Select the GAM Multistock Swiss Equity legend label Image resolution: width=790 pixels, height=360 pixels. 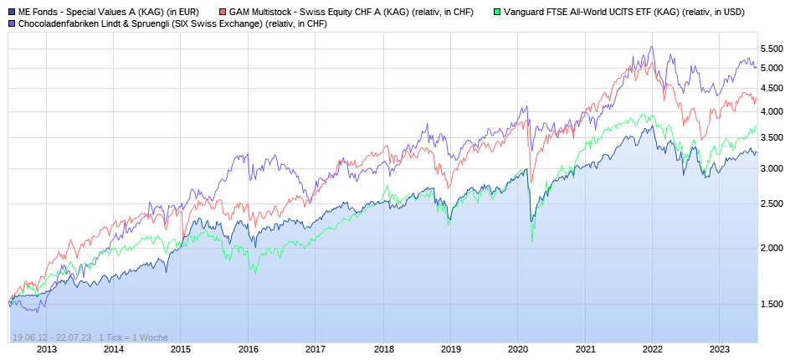(x=351, y=12)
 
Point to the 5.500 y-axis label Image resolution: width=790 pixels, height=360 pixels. (x=772, y=47)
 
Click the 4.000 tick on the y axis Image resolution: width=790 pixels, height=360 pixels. (x=772, y=112)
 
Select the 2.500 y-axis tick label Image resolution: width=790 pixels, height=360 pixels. (x=772, y=203)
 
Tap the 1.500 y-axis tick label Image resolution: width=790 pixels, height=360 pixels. (x=772, y=304)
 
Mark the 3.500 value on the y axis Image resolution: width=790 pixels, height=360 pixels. (x=772, y=138)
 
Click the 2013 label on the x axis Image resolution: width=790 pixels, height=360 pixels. (x=46, y=349)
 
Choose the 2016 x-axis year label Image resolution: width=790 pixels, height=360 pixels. (x=248, y=349)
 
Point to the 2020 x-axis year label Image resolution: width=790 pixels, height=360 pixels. (x=518, y=349)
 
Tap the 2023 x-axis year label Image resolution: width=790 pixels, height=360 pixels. (x=720, y=349)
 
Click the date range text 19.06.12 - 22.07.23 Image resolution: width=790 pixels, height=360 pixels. (x=52, y=337)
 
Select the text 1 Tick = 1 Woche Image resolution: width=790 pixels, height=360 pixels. (x=133, y=337)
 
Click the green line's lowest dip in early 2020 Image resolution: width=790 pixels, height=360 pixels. (x=532, y=241)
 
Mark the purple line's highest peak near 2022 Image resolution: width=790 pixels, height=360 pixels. (x=652, y=48)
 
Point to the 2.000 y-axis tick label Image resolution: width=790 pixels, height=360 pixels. (x=772, y=249)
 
